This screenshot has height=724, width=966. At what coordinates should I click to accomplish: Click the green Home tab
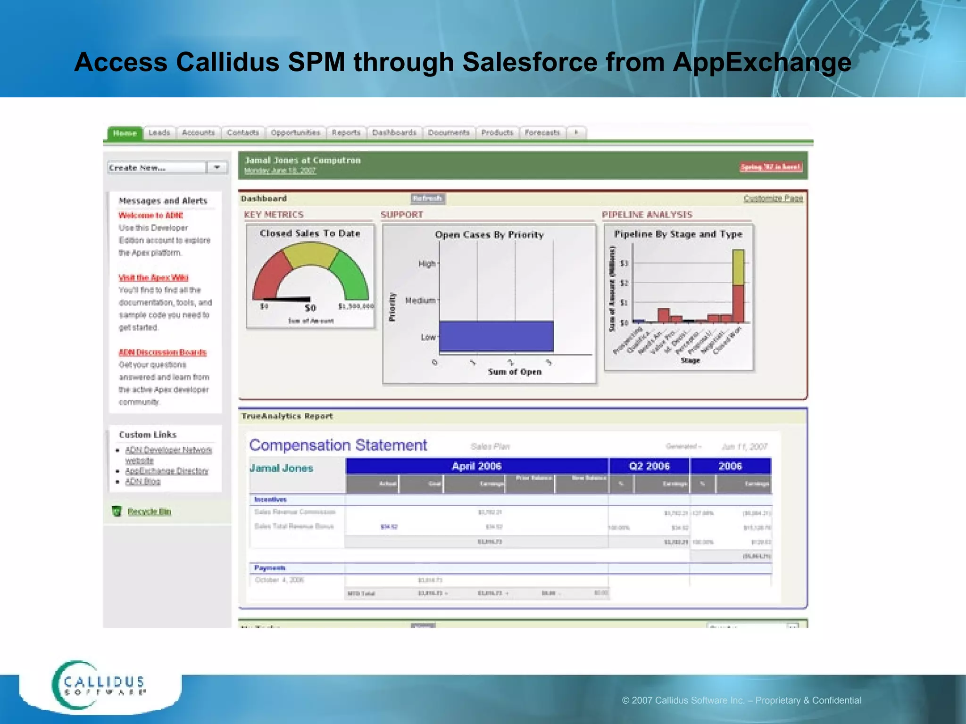tap(125, 133)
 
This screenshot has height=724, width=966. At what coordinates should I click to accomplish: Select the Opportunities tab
tap(295, 133)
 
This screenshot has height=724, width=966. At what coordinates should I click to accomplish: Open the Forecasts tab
tap(542, 133)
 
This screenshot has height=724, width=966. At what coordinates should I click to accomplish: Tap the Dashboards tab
tap(394, 133)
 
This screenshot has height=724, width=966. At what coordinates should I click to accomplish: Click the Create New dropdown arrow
tap(217, 167)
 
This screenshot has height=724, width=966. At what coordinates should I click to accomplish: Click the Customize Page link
tap(773, 198)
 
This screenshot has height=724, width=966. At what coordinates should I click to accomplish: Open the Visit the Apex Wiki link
tap(153, 278)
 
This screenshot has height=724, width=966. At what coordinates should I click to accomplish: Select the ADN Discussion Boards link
tap(162, 352)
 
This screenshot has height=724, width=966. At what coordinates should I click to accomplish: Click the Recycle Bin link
tap(149, 511)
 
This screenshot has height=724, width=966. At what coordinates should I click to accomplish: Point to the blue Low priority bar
tap(496, 336)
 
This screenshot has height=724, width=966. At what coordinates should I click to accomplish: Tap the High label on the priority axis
tap(427, 263)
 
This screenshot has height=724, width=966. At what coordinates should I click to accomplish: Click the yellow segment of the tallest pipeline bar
tap(738, 267)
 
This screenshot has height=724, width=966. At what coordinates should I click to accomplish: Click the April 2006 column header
tap(476, 466)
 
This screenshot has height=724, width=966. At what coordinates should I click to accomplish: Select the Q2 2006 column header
tap(649, 466)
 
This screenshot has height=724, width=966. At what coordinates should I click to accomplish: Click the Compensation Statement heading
tap(338, 445)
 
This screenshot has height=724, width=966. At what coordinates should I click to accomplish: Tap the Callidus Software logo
tap(99, 685)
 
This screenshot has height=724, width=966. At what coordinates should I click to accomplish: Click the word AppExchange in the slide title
tap(762, 62)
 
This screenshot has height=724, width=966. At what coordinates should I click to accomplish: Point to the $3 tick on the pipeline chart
tap(624, 263)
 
